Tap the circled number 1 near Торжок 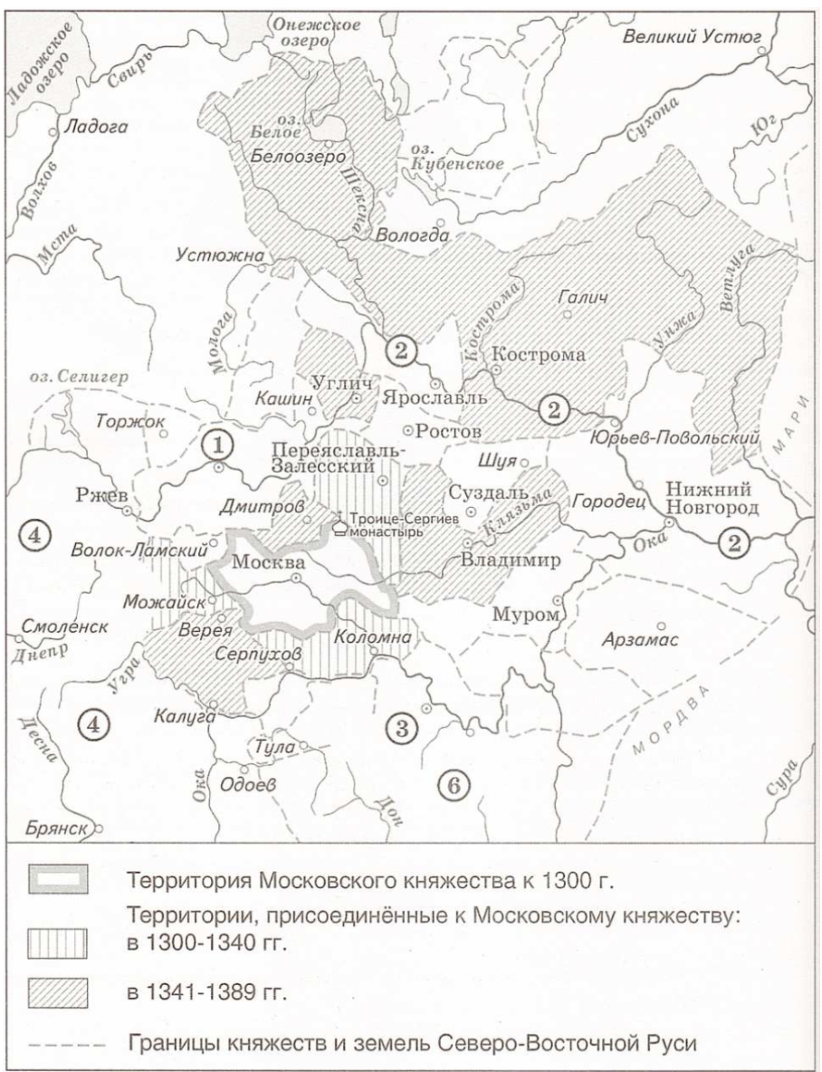219,444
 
